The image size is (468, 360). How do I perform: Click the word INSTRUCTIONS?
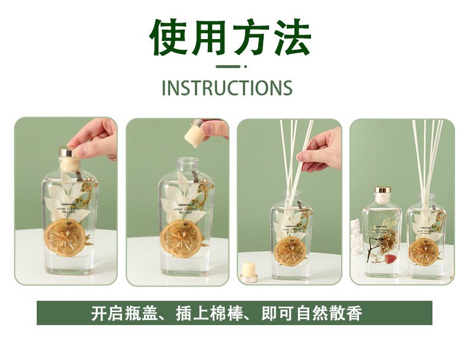pyautogui.click(x=227, y=88)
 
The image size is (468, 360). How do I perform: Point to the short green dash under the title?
pyautogui.click(x=227, y=67)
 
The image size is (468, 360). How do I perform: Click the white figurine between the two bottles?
pyautogui.click(x=357, y=235)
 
